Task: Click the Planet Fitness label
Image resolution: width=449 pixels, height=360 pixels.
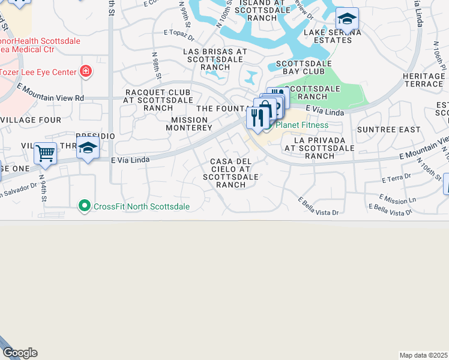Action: (x=301, y=125)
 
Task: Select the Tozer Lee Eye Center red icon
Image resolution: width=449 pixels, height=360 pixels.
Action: (x=86, y=72)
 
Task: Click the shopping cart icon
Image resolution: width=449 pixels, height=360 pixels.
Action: (x=45, y=152)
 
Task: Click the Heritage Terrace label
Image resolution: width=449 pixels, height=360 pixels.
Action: (x=424, y=80)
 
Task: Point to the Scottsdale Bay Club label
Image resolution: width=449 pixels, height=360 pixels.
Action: (x=308, y=67)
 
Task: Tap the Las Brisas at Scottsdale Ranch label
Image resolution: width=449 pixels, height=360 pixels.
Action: (x=215, y=59)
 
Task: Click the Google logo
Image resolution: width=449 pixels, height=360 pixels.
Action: (x=20, y=353)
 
